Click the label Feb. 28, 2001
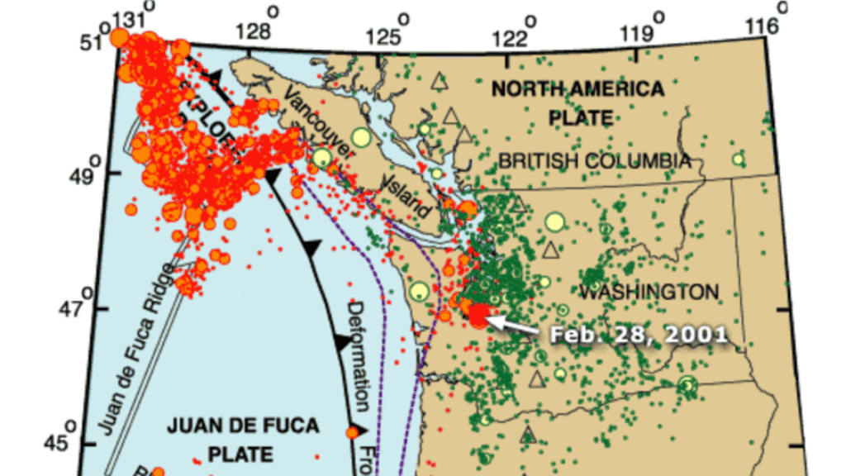[639, 334]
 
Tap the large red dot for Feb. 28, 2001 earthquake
[478, 317]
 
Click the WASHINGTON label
[648, 292]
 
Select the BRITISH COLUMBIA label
[594, 161]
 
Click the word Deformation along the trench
[357, 356]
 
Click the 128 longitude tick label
[254, 31]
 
